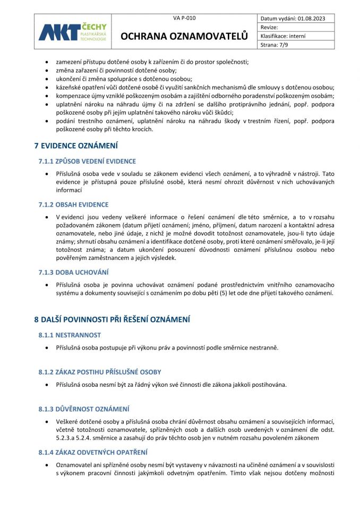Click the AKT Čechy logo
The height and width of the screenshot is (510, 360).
click(x=72, y=32)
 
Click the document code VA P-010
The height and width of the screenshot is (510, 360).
click(x=184, y=18)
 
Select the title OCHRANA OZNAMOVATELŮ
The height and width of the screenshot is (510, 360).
click(x=184, y=36)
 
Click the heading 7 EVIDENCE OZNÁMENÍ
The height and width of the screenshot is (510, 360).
click(x=76, y=146)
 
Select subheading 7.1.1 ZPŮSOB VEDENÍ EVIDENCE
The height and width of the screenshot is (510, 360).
click(x=87, y=161)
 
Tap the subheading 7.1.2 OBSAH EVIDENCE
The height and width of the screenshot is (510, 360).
click(x=73, y=205)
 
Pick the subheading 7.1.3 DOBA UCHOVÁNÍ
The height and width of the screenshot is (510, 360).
click(x=73, y=272)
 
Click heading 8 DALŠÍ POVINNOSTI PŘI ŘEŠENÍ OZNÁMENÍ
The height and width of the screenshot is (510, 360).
click(x=112, y=319)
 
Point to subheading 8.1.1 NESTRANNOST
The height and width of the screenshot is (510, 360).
click(x=70, y=335)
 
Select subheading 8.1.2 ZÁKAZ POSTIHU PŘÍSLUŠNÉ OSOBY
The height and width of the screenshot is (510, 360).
click(x=99, y=372)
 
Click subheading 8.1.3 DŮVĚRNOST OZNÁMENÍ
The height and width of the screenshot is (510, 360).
click(x=84, y=409)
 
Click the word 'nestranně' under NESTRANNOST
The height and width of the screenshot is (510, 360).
click(x=263, y=348)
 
